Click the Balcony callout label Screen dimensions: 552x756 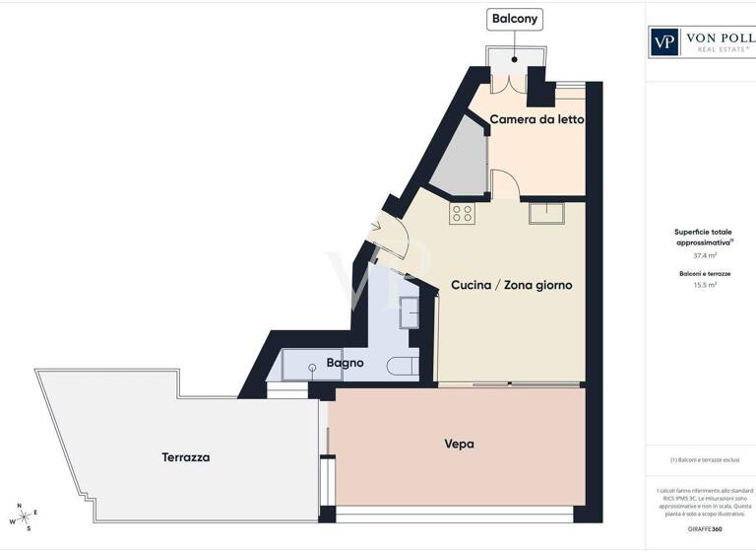[516, 19]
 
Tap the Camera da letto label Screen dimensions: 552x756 [537, 119]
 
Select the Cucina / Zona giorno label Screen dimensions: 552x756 [511, 285]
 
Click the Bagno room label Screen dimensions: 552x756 [346, 363]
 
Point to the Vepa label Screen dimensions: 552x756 [459, 445]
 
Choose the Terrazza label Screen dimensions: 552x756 [186, 457]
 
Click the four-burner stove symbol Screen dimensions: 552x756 [462, 213]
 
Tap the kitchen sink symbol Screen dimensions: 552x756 [544, 213]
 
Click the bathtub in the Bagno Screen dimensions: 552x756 [311, 366]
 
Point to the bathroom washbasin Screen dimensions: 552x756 [409, 312]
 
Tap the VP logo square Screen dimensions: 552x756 [665, 42]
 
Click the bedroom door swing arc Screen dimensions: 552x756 [504, 183]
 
